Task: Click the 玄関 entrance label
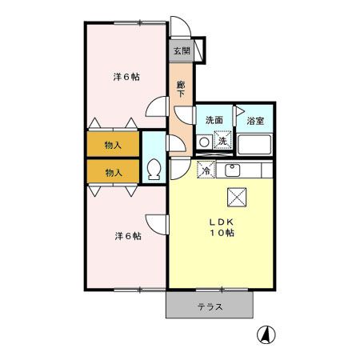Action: point(181,51)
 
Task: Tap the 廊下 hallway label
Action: point(181,89)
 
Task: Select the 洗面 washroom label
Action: point(214,120)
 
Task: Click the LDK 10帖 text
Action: point(222,227)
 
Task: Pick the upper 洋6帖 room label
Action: point(126,77)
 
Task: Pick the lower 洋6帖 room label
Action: point(126,236)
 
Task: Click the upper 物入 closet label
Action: point(113,145)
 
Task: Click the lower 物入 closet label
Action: point(113,172)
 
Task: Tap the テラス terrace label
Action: point(210,306)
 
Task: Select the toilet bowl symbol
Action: point(154,170)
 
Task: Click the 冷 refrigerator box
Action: point(206,170)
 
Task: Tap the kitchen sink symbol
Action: point(234,170)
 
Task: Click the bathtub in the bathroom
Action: point(256,145)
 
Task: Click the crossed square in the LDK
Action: point(238,196)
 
